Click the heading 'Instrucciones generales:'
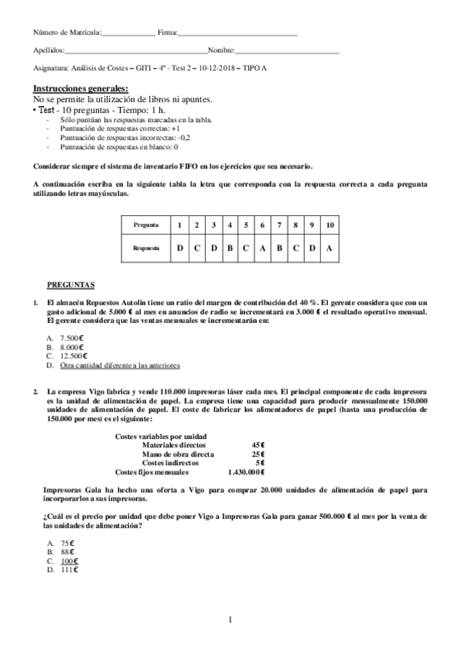[x=81, y=89]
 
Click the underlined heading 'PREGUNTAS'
[x=71, y=284]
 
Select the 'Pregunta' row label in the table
[x=146, y=225]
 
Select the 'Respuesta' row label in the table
[x=146, y=249]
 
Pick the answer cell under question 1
[x=180, y=249]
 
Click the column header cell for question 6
[x=263, y=225]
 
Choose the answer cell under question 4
[x=230, y=249]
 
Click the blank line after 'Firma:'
[x=237, y=33]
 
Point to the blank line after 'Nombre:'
[x=286, y=50]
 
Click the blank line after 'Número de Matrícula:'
[x=127, y=33]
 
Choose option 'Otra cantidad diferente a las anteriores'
[x=119, y=364]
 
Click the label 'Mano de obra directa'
[x=178, y=454]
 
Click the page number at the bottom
[x=230, y=620]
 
